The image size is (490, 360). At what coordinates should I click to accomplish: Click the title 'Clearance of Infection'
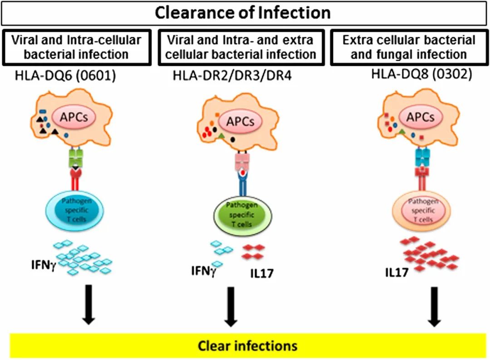point(243,13)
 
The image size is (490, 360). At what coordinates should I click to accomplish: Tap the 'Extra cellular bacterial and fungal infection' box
point(409,47)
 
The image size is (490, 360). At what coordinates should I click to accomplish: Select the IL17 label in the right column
point(396,271)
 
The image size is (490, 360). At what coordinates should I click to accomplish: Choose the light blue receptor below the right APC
point(424,154)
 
